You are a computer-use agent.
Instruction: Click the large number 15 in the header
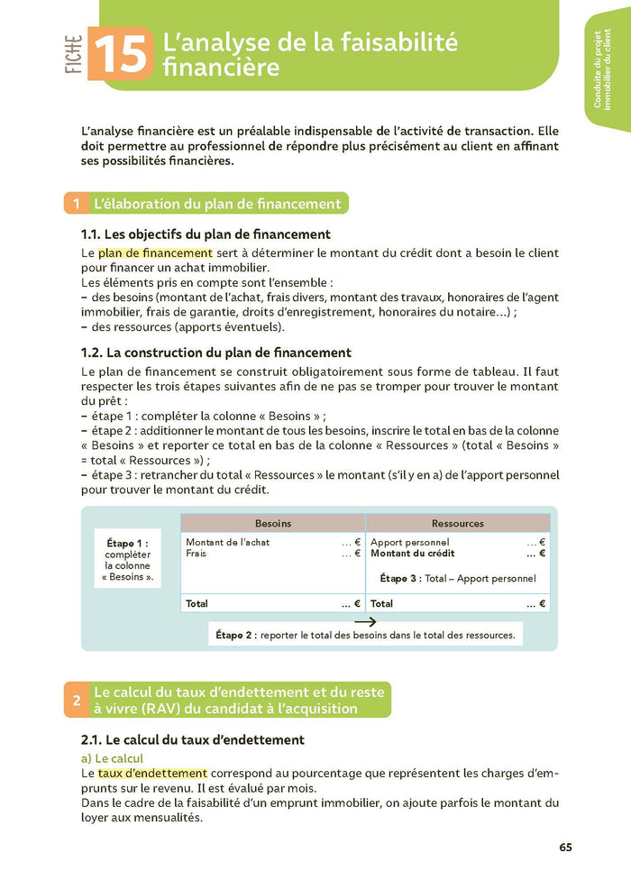tap(119, 55)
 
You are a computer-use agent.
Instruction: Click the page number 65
tap(565, 848)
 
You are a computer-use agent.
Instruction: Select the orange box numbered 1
tap(76, 204)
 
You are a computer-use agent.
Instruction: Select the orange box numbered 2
tap(76, 701)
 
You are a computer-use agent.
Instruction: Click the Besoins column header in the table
tap(273, 523)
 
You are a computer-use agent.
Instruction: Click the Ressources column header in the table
tap(458, 523)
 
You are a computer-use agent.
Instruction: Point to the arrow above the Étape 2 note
tap(364, 621)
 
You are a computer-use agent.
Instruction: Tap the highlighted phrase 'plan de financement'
tap(155, 253)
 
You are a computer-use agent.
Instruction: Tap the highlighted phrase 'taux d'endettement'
tap(152, 774)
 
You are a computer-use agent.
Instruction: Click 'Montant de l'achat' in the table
tap(227, 542)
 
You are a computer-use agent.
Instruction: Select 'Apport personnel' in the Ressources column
tap(410, 542)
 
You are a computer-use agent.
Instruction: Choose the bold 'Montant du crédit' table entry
tap(413, 554)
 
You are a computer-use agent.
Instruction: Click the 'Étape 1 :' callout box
tap(127, 559)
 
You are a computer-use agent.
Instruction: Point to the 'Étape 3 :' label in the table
tap(400, 579)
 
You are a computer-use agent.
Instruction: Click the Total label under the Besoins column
tap(197, 603)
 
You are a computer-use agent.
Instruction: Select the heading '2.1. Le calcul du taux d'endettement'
tap(193, 740)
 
